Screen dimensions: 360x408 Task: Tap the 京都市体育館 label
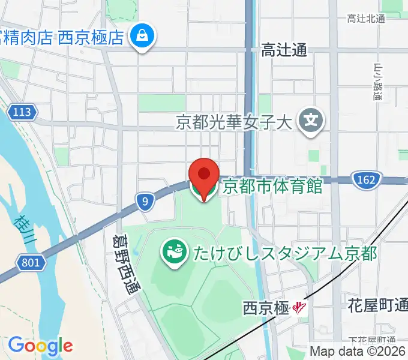pos(272,186)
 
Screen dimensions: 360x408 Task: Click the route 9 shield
pos(145,203)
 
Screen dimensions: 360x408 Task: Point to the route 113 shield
pos(23,112)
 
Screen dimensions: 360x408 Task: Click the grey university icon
pos(311,122)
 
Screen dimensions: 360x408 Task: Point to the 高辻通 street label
pos(284,51)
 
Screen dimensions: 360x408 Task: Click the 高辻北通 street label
pos(365,19)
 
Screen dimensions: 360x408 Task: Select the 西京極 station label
pos(266,308)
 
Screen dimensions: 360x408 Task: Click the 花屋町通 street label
pos(377,305)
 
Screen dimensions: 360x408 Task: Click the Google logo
pos(40,346)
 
